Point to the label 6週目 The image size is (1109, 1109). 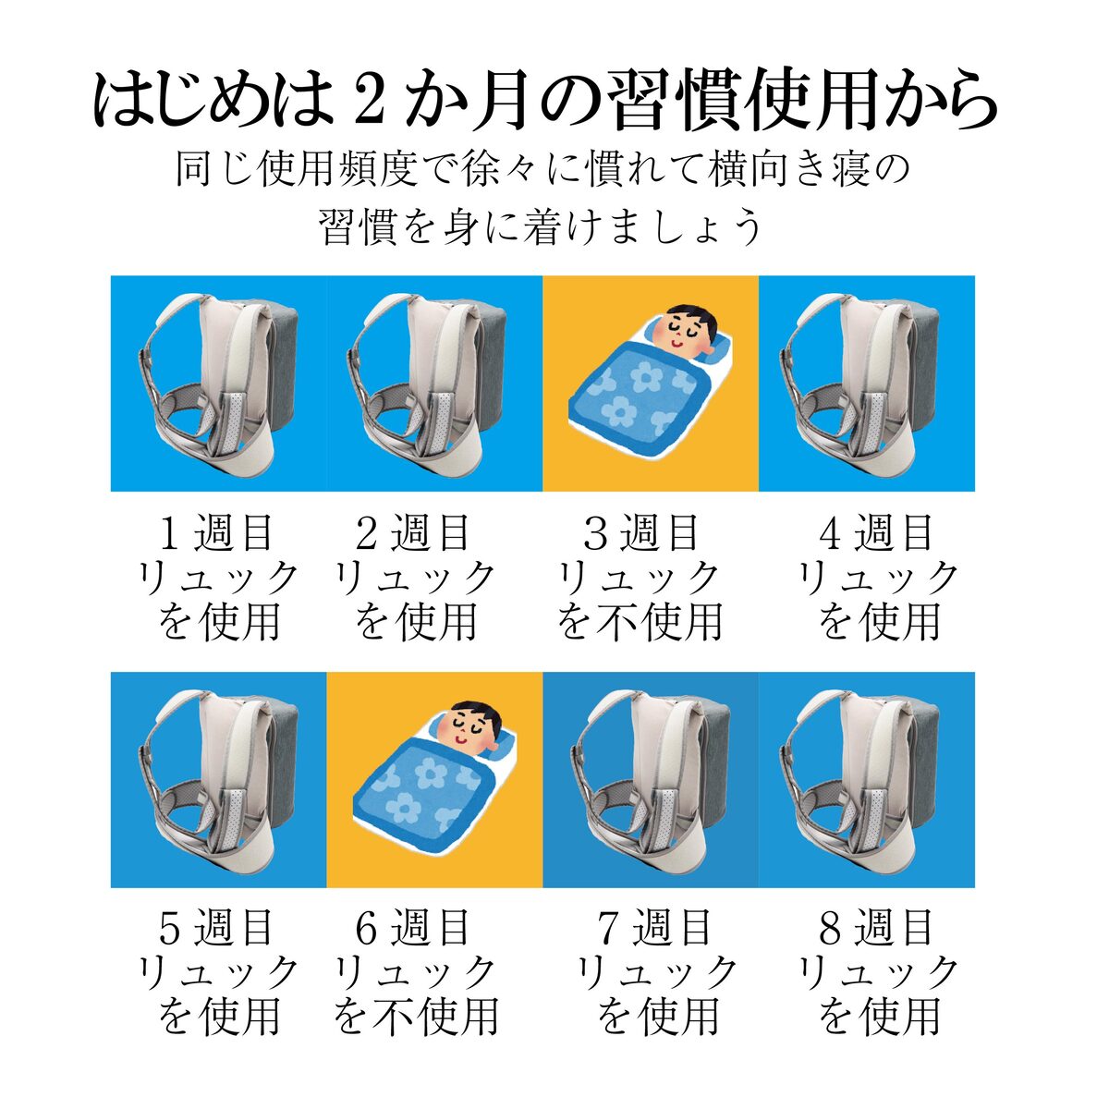(x=413, y=928)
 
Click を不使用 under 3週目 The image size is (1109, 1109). (x=640, y=622)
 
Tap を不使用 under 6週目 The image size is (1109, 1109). (x=416, y=1018)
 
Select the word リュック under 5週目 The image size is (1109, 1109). (x=217, y=973)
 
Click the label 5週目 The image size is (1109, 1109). (x=215, y=928)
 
